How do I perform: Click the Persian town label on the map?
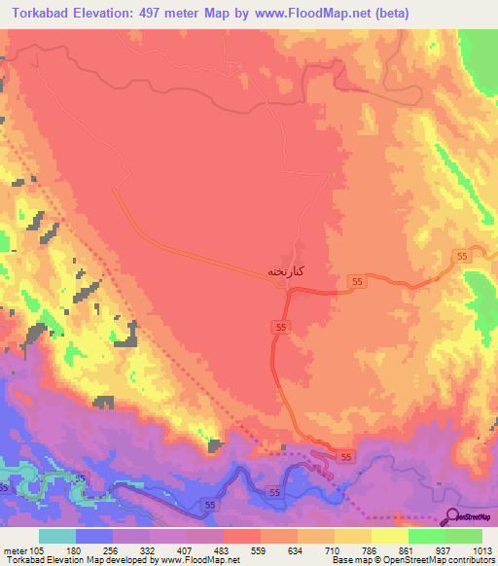(x=289, y=272)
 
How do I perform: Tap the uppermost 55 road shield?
(x=462, y=255)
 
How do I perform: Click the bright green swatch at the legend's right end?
(x=464, y=536)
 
